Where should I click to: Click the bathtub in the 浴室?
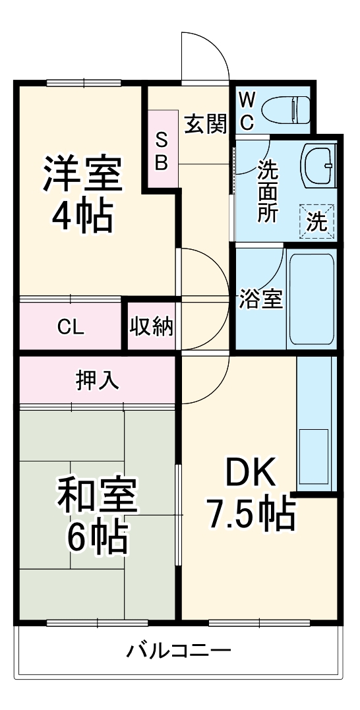tap(311, 299)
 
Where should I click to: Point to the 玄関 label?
tap(205, 123)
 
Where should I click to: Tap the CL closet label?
tap(71, 328)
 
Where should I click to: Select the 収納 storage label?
tap(152, 326)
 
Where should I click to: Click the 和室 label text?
tap(97, 497)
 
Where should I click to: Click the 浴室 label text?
tap(260, 299)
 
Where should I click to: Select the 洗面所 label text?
tap(267, 192)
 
